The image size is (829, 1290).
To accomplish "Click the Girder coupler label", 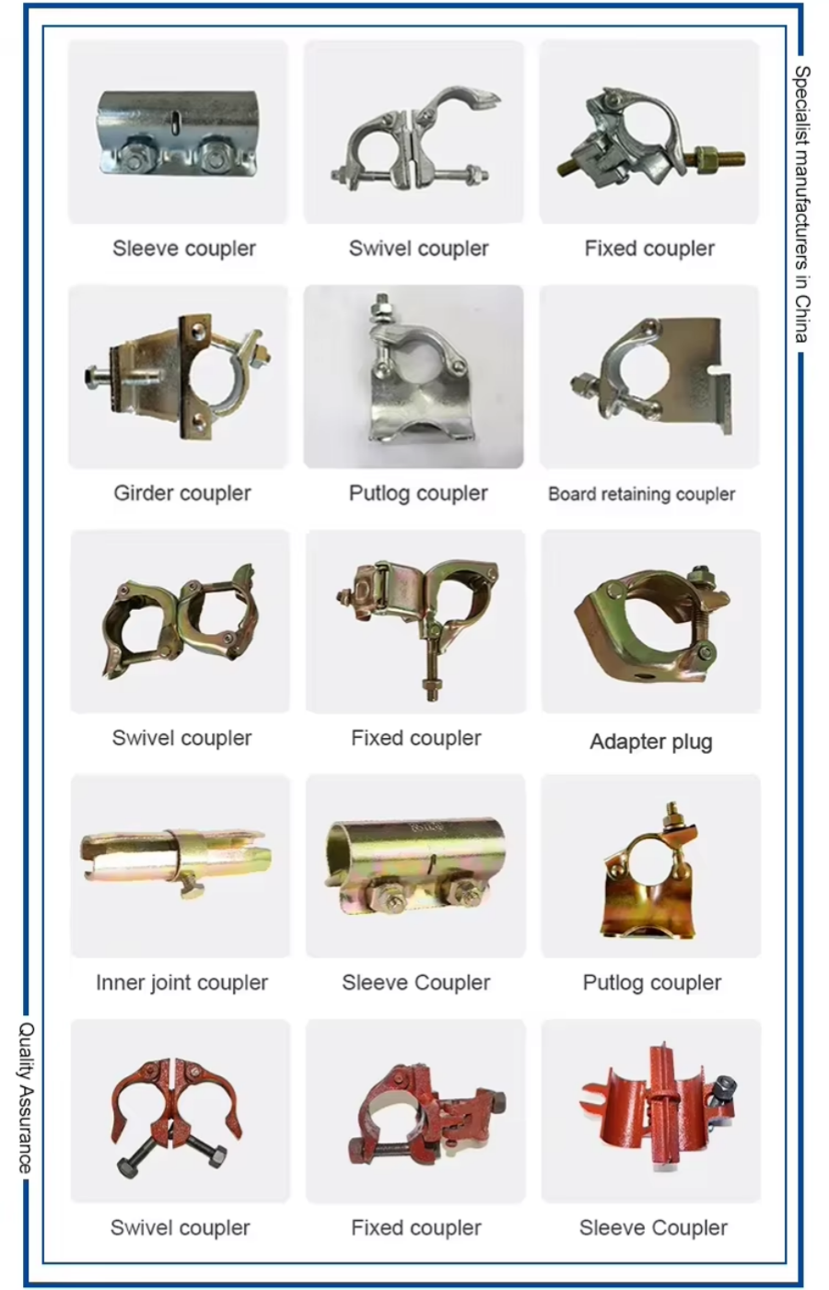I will [182, 493].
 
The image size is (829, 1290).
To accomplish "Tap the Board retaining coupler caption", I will [641, 494].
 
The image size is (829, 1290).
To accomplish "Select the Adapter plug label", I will [650, 742].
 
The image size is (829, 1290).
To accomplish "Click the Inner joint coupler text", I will [181, 982].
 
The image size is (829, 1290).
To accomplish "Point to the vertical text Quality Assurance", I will [26, 1096].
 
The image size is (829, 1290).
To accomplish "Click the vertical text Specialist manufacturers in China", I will [802, 204].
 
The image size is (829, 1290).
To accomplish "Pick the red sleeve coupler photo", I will [651, 1109].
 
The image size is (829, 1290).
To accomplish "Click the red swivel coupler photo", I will [180, 1109].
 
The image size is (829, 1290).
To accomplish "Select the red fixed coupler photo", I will [415, 1109].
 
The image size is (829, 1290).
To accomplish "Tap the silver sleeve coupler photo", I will [178, 131].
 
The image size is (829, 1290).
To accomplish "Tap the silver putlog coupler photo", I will [414, 376].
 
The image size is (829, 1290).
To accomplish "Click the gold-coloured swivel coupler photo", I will [180, 620].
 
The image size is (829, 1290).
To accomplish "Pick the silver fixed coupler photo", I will [649, 131].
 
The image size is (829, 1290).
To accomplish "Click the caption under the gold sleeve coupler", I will [415, 982].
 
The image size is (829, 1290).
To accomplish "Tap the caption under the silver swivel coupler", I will [418, 248].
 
